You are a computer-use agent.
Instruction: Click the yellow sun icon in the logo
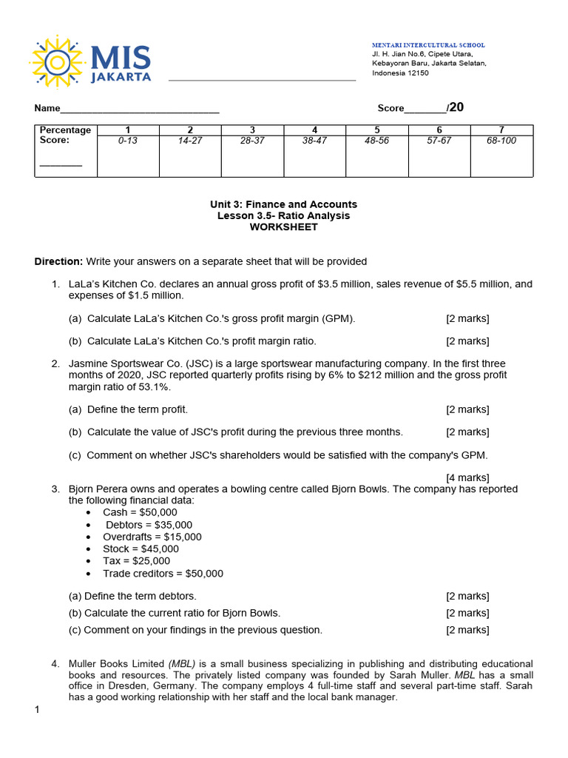(x=57, y=61)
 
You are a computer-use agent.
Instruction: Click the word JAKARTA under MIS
(x=121, y=76)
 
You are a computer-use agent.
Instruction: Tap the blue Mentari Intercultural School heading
(x=428, y=45)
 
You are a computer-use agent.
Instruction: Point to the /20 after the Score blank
(x=455, y=107)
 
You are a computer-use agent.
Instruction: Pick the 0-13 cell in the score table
(x=128, y=141)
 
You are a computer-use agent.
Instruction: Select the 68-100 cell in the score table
(x=501, y=141)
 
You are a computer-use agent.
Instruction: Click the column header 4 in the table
(x=315, y=130)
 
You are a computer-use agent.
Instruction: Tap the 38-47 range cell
(x=315, y=141)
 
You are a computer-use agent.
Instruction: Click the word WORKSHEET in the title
(x=283, y=227)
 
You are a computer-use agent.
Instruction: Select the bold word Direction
(x=58, y=261)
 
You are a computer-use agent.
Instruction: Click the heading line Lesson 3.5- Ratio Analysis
(x=283, y=215)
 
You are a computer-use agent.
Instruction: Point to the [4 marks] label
(x=467, y=477)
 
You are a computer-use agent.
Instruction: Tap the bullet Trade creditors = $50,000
(x=163, y=573)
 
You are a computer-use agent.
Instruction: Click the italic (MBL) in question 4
(x=182, y=664)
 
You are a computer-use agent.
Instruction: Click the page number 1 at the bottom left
(x=37, y=711)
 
